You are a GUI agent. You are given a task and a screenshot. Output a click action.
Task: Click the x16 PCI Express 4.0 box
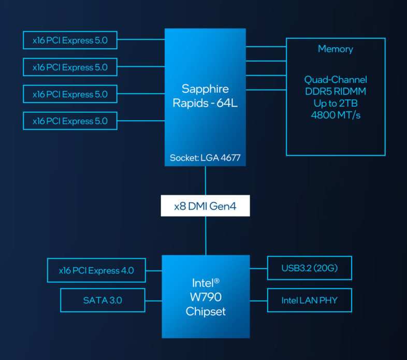(96, 270)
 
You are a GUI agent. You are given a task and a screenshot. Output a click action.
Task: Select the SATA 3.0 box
(103, 300)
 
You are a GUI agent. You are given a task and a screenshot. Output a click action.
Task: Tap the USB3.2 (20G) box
(309, 268)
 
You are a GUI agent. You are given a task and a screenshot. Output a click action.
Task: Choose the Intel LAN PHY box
(309, 300)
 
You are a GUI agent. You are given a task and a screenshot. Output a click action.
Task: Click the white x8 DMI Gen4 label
(205, 206)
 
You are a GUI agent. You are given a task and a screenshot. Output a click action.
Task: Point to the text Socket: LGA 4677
(205, 158)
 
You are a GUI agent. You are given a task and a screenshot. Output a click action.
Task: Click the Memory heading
(336, 49)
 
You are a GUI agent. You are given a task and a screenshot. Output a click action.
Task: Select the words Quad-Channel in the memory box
(336, 80)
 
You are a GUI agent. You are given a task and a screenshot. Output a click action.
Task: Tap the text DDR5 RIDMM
(336, 92)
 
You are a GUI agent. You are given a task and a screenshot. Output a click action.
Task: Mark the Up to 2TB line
(336, 103)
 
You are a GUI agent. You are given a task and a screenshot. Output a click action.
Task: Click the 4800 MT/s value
(336, 115)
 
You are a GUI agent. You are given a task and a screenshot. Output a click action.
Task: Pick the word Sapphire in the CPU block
(205, 88)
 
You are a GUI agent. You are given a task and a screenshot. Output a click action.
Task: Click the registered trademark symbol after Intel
(217, 280)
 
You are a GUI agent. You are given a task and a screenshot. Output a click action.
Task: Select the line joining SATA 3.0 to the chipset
(153, 300)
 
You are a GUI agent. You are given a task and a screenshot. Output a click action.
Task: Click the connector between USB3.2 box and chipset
(258, 268)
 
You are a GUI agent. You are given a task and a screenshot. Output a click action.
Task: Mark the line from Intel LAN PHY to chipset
(258, 300)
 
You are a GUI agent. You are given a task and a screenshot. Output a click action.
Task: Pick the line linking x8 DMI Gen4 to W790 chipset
(206, 236)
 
